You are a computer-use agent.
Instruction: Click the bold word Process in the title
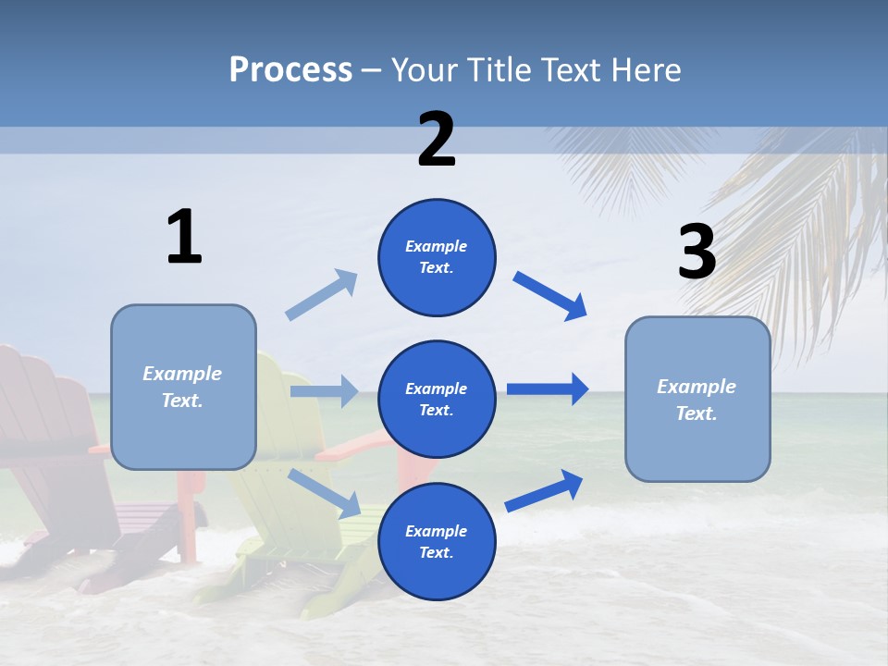pyautogui.click(x=290, y=69)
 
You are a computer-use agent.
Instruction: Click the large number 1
pyautogui.click(x=184, y=237)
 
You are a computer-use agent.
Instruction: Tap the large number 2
pyautogui.click(x=437, y=139)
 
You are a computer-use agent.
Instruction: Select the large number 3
pyautogui.click(x=697, y=253)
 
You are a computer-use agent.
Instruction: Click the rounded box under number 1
pyautogui.click(x=183, y=387)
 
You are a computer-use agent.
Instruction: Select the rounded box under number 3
pyautogui.click(x=697, y=399)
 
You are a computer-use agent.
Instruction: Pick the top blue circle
pyautogui.click(x=437, y=257)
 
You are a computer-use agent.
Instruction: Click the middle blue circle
pyautogui.click(x=437, y=399)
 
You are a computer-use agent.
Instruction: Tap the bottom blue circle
pyautogui.click(x=437, y=541)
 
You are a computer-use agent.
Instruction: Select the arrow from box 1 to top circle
pyautogui.click(x=322, y=295)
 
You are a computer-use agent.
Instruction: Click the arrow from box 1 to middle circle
pyautogui.click(x=324, y=391)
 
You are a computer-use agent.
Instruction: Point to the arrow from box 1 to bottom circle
pyautogui.click(x=325, y=493)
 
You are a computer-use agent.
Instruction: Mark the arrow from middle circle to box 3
pyautogui.click(x=548, y=389)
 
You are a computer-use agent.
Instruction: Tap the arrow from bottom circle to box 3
pyautogui.click(x=545, y=490)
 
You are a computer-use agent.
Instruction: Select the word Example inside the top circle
pyautogui.click(x=437, y=247)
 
